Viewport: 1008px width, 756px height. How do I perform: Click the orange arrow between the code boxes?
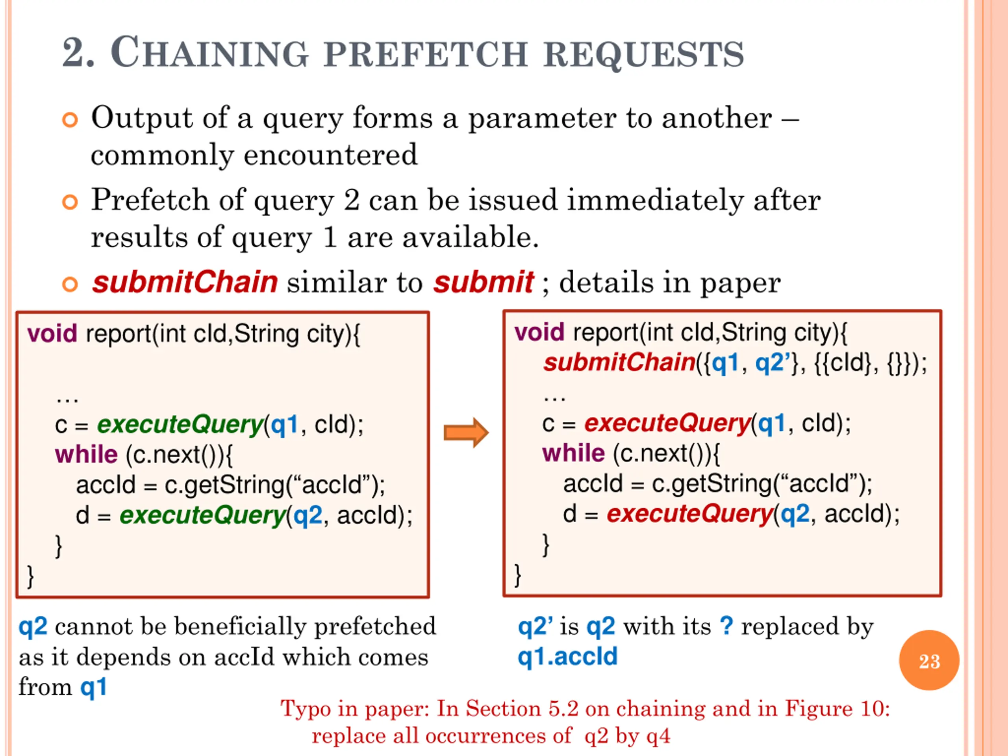[466, 432]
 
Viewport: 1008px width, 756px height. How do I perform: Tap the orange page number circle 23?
[929, 660]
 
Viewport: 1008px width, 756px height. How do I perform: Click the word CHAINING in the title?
[209, 52]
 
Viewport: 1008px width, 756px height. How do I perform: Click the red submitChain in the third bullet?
[185, 282]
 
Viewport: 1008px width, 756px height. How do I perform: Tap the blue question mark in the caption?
[727, 626]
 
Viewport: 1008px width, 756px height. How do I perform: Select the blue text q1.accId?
[568, 657]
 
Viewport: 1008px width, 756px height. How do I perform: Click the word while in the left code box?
[86, 454]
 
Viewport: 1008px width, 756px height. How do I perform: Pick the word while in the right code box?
[573, 453]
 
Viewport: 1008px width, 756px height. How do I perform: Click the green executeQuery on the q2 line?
[203, 516]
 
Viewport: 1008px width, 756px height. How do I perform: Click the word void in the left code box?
[52, 334]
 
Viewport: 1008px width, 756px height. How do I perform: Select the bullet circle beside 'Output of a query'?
[70, 120]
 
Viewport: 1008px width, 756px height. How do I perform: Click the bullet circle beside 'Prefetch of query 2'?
[70, 202]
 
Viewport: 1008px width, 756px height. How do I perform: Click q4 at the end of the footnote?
[658, 736]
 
